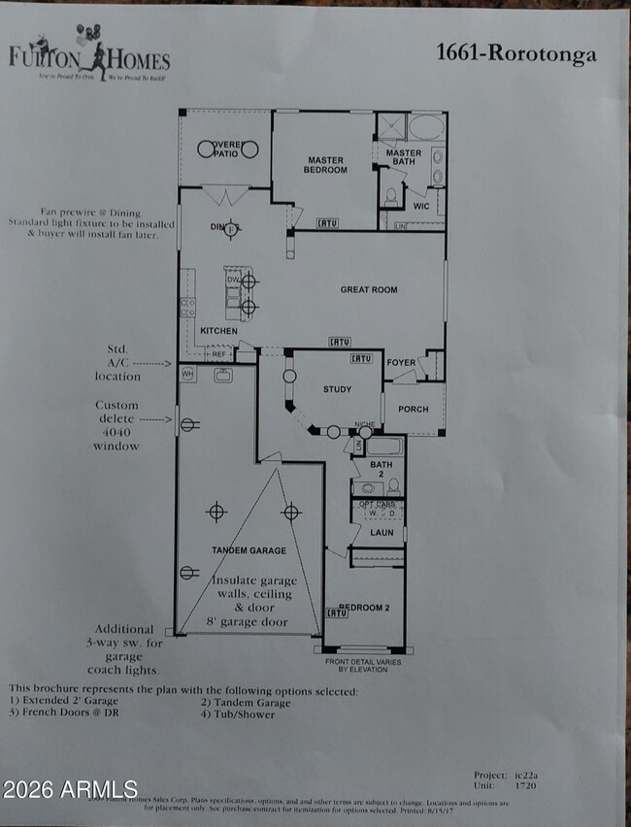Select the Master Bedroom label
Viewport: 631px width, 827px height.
(327, 165)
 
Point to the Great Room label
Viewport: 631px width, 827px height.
(368, 289)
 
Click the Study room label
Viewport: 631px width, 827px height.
(337, 390)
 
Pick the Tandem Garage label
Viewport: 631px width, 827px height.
(249, 550)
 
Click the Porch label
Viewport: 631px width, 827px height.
(413, 409)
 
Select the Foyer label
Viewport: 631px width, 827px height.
(401, 363)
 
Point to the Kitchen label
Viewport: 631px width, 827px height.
(218, 331)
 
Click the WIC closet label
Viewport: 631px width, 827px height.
(420, 206)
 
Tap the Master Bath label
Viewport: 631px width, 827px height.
(403, 158)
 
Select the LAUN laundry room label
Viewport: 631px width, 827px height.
(382, 532)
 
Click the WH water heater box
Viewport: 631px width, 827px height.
(187, 372)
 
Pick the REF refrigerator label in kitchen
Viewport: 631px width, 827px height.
(218, 355)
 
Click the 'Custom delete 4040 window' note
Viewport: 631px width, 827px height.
(116, 425)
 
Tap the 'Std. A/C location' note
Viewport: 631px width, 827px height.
(117, 362)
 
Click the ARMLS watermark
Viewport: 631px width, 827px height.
(70, 788)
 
